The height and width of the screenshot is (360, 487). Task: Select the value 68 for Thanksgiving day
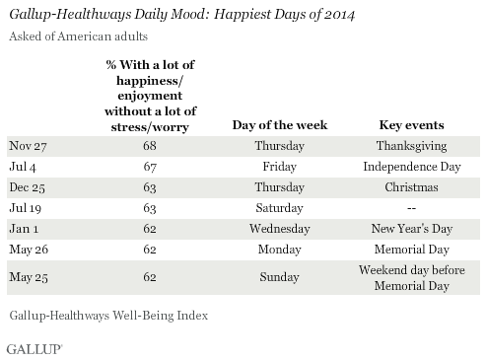149,145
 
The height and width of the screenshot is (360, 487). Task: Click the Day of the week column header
281,125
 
